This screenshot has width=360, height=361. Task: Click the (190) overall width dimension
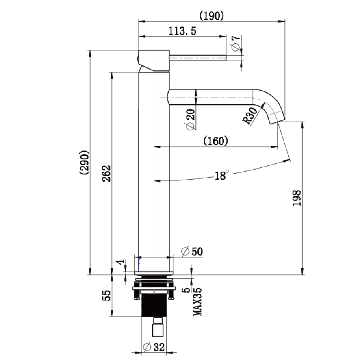click(212, 15)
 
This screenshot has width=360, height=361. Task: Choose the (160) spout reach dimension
click(215, 141)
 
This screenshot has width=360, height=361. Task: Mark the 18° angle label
click(222, 175)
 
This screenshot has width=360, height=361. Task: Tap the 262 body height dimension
click(106, 174)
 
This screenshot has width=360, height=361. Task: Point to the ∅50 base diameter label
click(192, 252)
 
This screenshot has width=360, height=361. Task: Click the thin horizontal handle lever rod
click(197, 58)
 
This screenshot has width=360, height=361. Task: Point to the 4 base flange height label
click(119, 263)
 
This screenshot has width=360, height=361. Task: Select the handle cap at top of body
click(154, 60)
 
